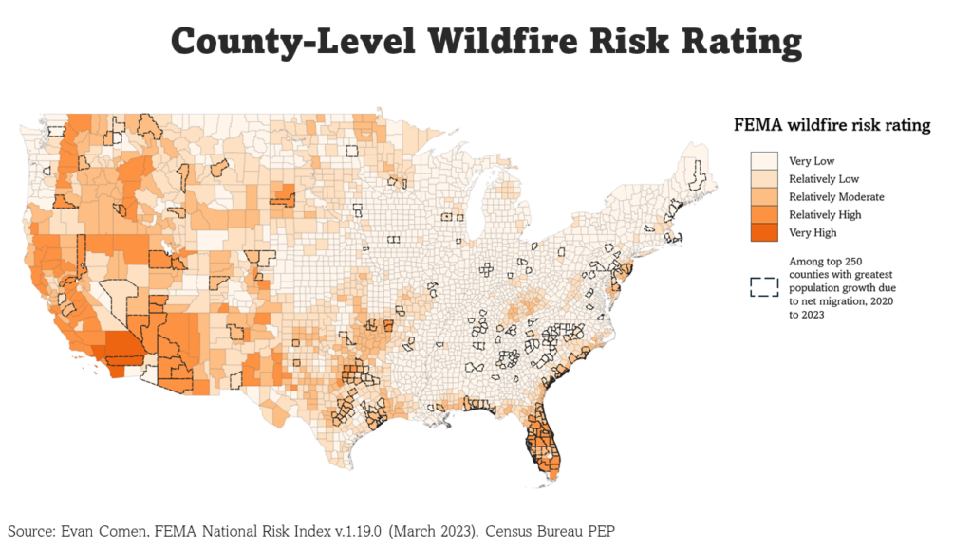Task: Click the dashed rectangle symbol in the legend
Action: (x=764, y=286)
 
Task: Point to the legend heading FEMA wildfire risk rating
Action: (x=832, y=125)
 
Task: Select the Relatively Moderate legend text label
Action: (x=836, y=197)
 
